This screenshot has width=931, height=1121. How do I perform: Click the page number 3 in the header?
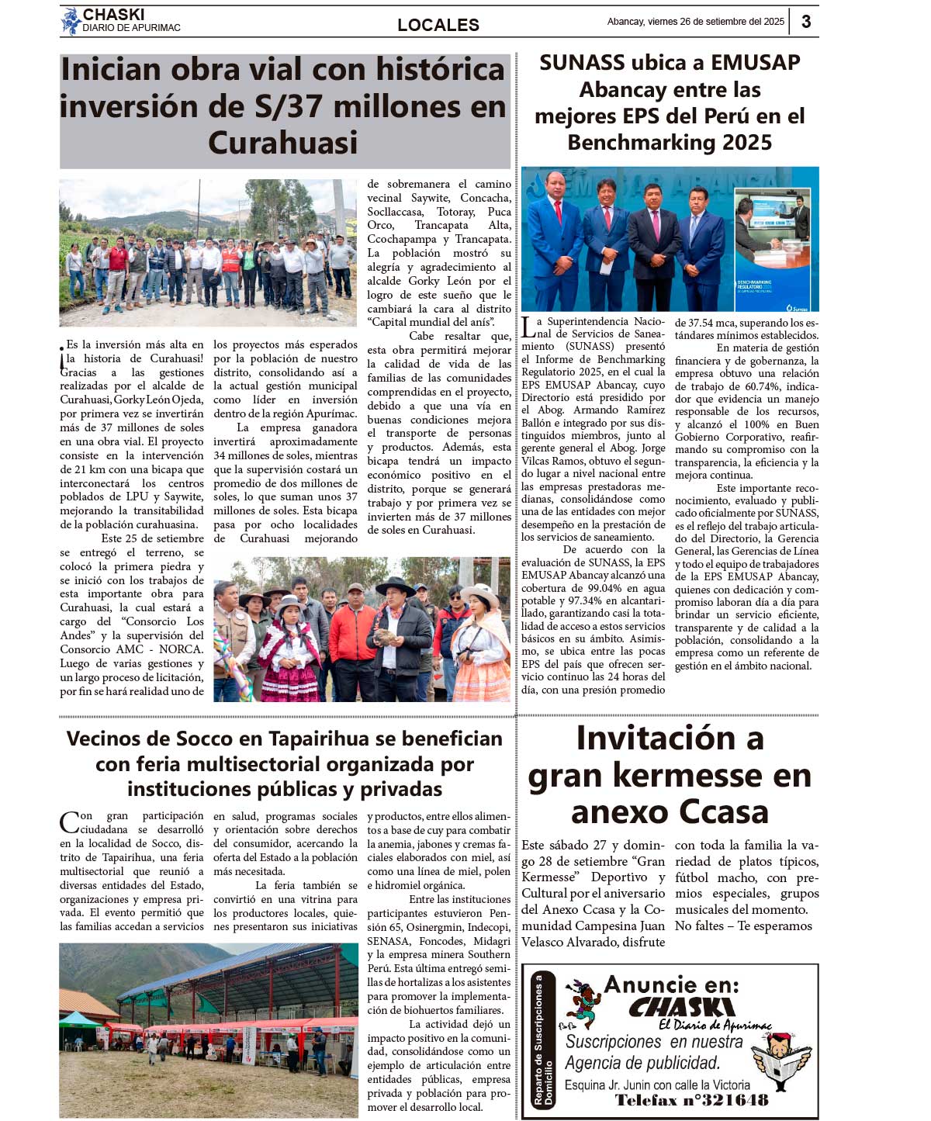coord(806,22)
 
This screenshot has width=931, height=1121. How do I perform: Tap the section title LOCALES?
coord(438,25)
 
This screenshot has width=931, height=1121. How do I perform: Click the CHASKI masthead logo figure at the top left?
coord(71,21)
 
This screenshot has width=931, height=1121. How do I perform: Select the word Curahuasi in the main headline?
coord(283,143)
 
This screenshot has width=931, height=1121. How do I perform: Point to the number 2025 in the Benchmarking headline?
coord(746,143)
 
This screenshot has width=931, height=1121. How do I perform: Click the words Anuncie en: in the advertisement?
coord(671,984)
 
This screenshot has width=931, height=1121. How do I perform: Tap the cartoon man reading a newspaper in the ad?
coord(782,1060)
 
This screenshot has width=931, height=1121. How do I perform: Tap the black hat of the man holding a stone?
coord(395,586)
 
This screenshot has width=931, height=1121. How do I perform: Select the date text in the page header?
coord(695,22)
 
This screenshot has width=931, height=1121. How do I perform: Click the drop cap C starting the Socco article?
coord(69,822)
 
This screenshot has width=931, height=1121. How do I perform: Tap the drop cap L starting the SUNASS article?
coord(528,328)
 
